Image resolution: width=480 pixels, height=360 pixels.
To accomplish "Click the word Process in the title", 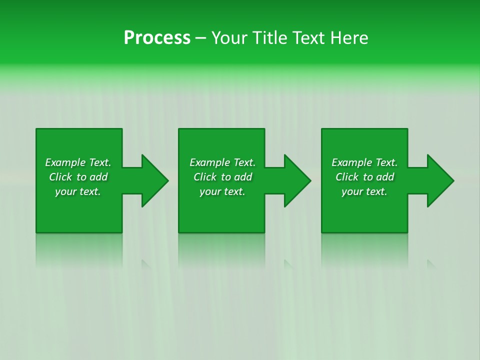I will point(157,38).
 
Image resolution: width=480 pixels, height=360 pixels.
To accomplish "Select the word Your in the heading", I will point(228,38).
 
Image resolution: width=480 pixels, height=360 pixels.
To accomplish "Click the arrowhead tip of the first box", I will point(166,180).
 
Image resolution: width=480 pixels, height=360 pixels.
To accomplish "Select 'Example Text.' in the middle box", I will point(222,162).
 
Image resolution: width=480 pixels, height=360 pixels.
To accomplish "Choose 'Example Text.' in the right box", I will point(364,162).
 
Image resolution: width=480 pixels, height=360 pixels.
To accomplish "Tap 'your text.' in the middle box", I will point(222,191).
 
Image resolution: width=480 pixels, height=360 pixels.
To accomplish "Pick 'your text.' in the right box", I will point(364,191).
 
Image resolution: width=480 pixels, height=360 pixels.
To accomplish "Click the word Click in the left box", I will point(60,177).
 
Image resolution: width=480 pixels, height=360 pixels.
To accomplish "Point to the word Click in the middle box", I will point(205,177).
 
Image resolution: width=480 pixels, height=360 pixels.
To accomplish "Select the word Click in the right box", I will point(347,177).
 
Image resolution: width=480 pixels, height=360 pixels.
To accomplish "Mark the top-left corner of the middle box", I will point(179,129).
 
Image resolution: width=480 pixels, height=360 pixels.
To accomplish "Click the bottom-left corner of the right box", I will point(322,231).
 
